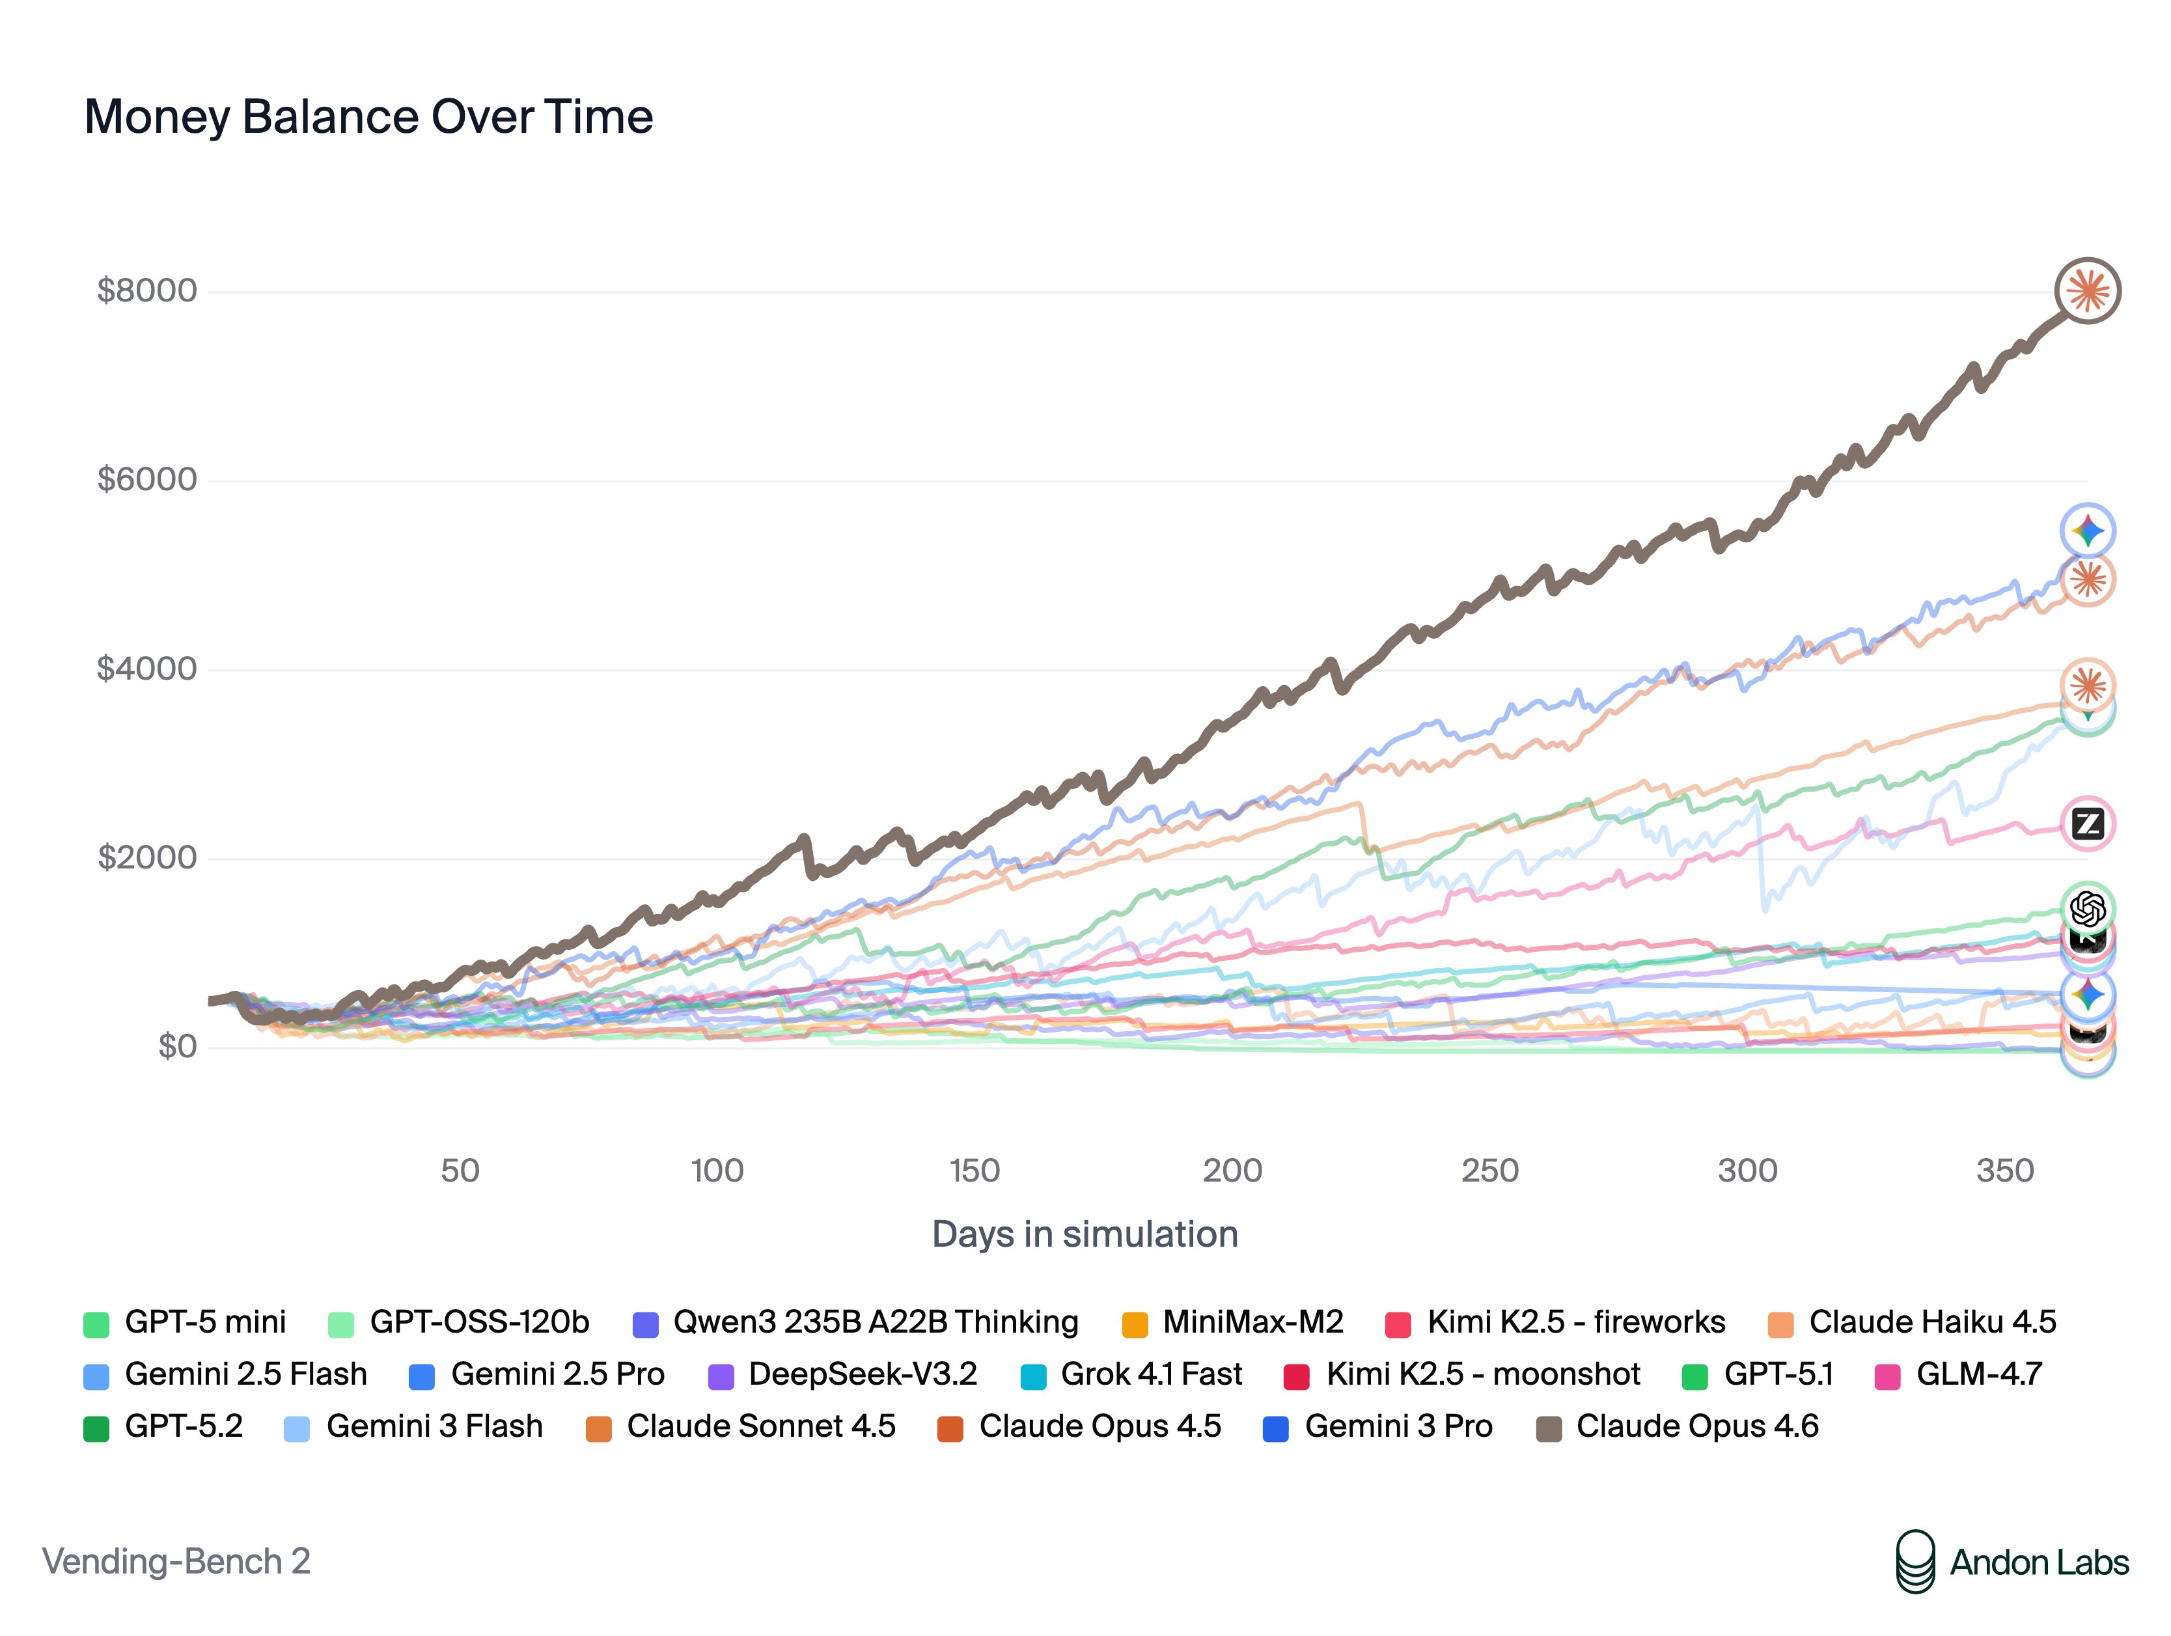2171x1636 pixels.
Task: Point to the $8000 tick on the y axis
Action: [147, 290]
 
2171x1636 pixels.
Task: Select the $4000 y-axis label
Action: [147, 669]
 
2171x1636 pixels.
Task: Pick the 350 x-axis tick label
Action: [2004, 1170]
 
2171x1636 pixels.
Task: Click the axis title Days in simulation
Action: [1085, 1234]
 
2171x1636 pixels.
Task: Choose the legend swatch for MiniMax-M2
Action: [1135, 1324]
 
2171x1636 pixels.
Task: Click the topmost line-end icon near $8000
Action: [2088, 290]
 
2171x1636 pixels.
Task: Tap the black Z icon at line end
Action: [2088, 824]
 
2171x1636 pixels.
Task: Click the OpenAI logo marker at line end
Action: [2088, 909]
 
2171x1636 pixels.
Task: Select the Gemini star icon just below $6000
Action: [2088, 531]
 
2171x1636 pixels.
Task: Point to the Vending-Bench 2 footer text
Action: [176, 1561]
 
